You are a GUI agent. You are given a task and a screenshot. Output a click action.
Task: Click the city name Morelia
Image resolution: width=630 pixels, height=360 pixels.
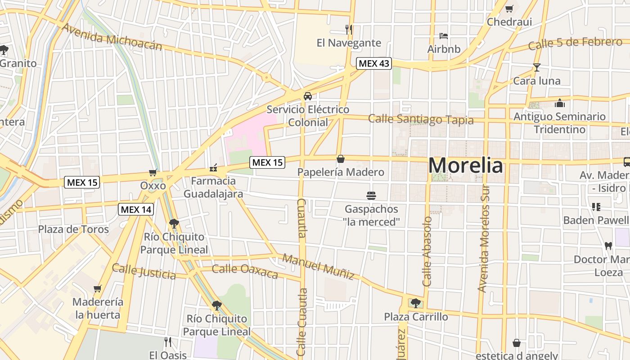465,165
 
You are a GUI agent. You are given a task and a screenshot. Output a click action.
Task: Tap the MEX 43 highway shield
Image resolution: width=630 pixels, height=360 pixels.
373,63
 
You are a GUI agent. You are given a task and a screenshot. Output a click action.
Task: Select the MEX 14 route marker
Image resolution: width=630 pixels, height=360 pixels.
136,209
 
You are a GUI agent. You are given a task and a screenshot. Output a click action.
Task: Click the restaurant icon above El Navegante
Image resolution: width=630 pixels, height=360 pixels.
348,30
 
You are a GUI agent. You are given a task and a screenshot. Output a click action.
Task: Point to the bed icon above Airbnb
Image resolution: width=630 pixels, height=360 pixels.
444,36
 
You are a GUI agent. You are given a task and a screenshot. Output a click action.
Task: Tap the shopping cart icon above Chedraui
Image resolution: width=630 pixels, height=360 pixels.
509,9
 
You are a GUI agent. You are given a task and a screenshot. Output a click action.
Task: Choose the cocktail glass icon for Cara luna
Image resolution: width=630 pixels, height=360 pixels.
536,67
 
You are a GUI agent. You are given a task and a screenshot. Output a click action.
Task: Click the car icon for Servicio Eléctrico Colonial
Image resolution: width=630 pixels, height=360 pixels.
308,96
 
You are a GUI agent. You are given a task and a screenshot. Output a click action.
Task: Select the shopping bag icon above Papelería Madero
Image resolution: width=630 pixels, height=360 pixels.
341,159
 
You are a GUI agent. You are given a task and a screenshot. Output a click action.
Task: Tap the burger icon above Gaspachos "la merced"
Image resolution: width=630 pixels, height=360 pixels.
371,196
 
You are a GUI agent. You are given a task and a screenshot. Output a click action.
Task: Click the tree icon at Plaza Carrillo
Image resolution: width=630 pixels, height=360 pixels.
415,303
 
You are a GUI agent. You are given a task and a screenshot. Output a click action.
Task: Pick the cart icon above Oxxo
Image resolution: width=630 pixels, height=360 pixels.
153,172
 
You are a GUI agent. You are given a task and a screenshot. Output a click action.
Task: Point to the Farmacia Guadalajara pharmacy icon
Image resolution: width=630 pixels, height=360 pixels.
213,168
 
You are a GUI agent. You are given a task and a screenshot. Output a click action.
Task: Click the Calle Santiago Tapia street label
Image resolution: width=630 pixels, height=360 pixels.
421,119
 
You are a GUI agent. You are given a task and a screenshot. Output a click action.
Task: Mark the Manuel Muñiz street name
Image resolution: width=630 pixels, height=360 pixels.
318,266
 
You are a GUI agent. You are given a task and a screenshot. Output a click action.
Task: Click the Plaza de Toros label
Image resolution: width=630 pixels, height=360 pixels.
73,229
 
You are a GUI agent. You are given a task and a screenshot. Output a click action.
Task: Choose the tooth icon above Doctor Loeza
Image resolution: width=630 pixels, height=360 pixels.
608,246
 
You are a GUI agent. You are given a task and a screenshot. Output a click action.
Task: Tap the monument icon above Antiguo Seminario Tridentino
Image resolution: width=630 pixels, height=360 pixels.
560,103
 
